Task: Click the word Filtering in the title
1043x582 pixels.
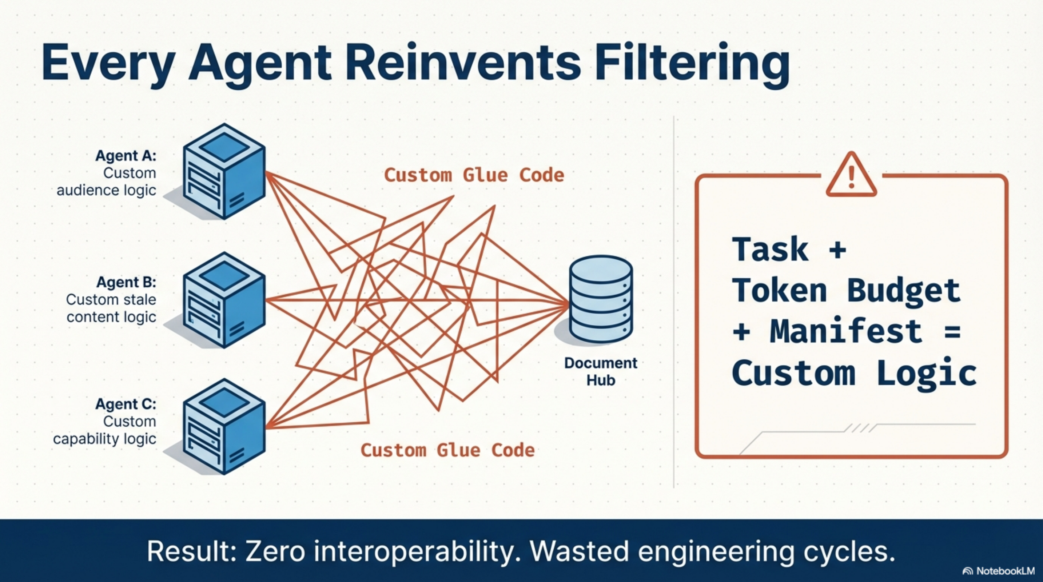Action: click(x=692, y=65)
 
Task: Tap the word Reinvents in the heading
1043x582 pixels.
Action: click(x=462, y=65)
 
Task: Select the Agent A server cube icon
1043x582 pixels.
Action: click(x=224, y=172)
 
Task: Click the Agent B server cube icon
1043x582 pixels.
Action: click(x=224, y=300)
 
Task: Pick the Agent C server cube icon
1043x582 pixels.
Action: click(x=224, y=427)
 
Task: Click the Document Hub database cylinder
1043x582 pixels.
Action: click(x=601, y=299)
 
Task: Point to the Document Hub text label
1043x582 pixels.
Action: click(x=601, y=371)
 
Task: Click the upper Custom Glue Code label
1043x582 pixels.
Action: click(x=474, y=175)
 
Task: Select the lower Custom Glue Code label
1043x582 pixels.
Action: click(x=447, y=450)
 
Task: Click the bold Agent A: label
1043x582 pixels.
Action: click(x=126, y=156)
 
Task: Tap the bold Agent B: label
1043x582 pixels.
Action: click(x=126, y=282)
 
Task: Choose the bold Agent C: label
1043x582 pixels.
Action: click(x=126, y=404)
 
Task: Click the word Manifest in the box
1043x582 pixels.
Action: click(x=845, y=332)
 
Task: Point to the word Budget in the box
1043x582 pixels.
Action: click(x=903, y=291)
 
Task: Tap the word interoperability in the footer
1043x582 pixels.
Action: click(x=417, y=551)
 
